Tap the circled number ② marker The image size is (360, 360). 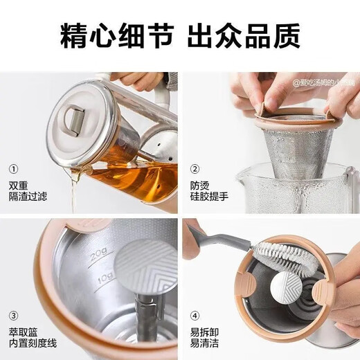[x=195, y=168]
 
